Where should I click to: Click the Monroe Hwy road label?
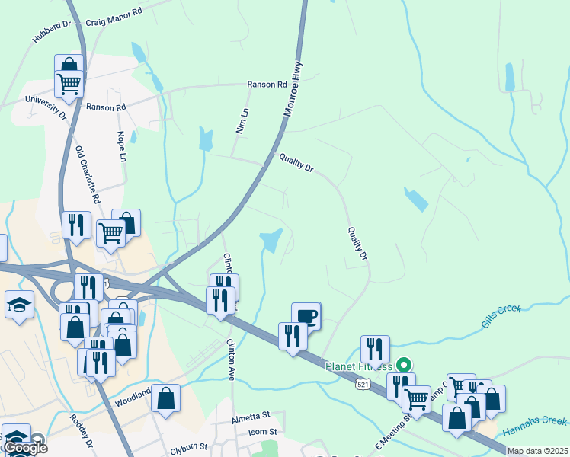point(294,88)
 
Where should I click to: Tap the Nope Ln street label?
point(120,146)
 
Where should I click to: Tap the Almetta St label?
point(251,416)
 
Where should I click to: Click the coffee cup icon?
point(306,315)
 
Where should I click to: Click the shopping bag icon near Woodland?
point(165,398)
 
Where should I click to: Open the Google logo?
point(25,448)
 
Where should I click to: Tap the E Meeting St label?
point(393,431)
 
